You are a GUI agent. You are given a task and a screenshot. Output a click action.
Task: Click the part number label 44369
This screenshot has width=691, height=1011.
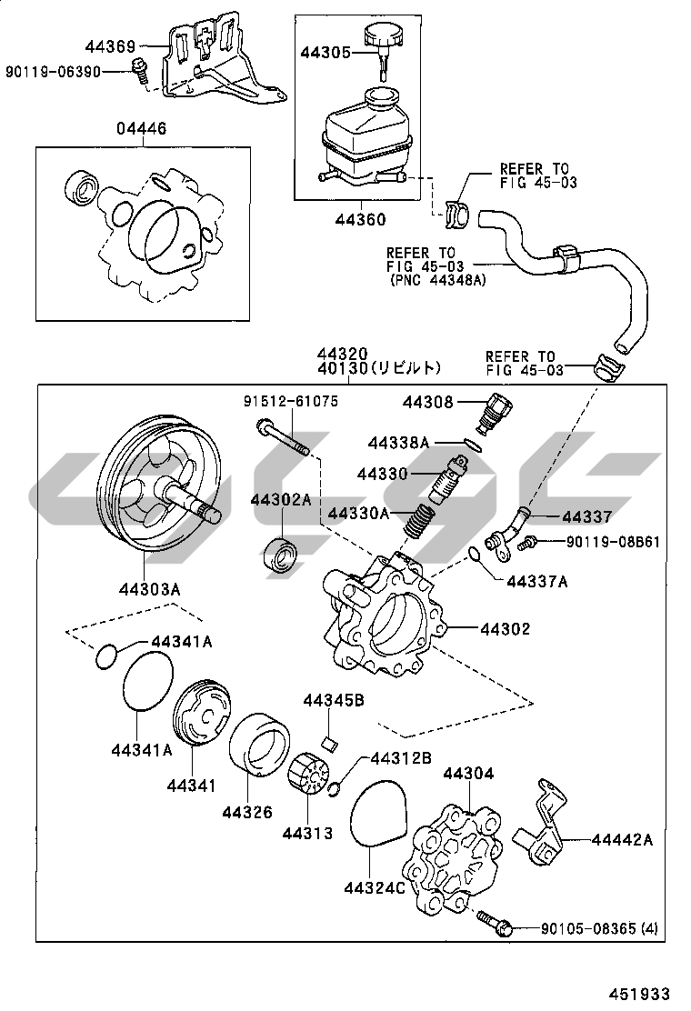111,46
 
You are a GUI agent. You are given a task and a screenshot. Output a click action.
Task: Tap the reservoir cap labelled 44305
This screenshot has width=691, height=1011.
383,40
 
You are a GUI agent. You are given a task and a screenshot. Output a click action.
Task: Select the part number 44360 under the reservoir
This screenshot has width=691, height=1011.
359,219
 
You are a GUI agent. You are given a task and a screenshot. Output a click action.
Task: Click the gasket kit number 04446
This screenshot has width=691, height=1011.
141,129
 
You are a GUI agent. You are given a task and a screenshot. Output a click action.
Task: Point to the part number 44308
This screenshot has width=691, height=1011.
428,401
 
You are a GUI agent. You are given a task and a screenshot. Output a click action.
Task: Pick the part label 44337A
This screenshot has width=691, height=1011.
536,581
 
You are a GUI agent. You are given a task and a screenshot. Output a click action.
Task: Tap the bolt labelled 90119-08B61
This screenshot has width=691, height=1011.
526,544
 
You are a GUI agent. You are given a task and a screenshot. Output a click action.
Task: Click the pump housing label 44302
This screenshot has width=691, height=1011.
505,628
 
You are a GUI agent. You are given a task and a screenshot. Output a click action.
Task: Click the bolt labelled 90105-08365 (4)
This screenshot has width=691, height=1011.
498,926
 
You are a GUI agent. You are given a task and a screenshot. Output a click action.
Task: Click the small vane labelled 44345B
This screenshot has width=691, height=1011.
332,742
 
